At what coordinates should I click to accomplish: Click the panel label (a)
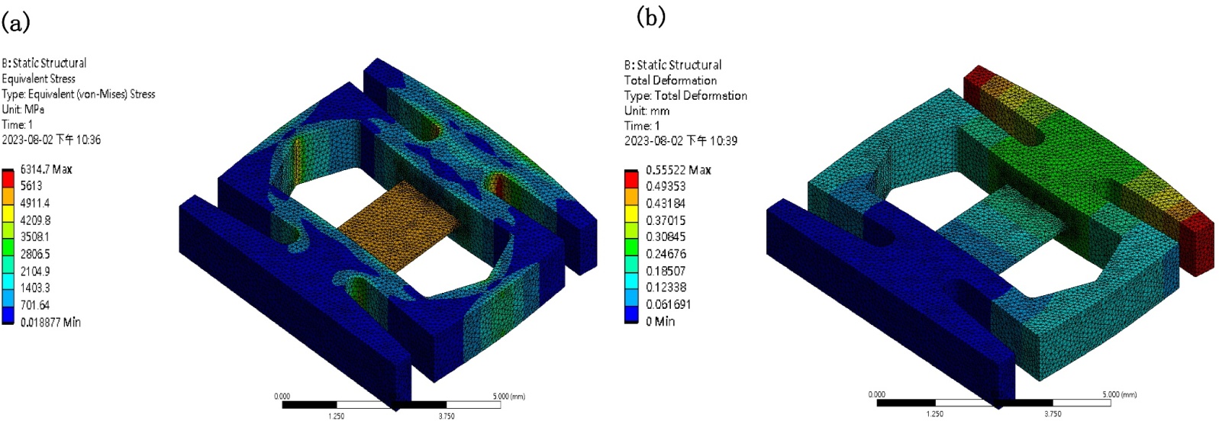[x=16, y=24]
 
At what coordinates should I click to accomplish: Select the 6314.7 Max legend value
[x=47, y=169]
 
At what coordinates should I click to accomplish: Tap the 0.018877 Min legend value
[x=50, y=323]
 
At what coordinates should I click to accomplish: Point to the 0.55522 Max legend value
[x=678, y=170]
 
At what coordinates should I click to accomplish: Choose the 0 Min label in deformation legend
[x=660, y=321]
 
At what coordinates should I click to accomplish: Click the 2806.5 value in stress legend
[x=35, y=254]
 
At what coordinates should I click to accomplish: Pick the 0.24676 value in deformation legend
[x=666, y=254]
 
